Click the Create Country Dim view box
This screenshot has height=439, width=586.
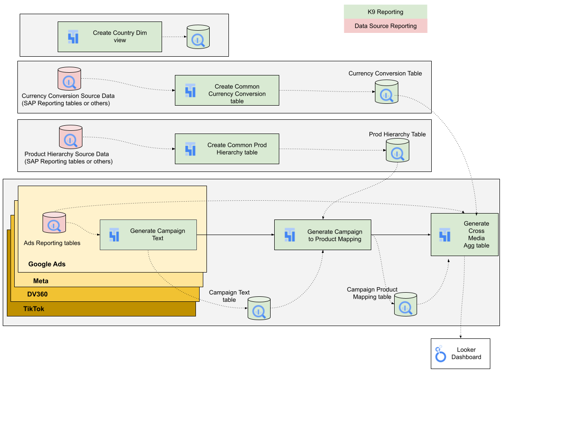(110, 37)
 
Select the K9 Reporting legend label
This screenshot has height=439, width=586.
(385, 12)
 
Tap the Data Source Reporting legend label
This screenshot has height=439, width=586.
(385, 26)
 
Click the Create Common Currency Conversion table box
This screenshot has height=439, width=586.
(227, 91)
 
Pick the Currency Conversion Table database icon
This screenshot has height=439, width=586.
(386, 92)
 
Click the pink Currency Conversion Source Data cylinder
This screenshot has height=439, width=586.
(69, 79)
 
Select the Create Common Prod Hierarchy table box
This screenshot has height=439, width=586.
(227, 149)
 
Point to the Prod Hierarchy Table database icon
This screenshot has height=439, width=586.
(397, 150)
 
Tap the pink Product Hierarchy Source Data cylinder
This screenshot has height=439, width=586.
(71, 137)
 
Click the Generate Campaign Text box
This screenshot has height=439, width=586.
(148, 235)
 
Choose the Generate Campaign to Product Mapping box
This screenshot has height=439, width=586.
(323, 235)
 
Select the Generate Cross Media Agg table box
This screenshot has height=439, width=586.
(465, 235)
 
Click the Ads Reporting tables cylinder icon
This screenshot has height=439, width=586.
(54, 223)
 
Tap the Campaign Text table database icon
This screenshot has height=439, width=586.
(259, 308)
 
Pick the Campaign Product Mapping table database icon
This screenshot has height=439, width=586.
(406, 305)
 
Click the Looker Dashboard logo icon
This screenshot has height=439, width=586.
(440, 354)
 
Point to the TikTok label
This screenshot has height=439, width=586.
(34, 309)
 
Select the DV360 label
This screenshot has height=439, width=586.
(38, 294)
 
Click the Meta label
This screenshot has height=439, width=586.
(41, 281)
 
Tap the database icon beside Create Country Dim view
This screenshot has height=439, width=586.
(198, 37)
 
